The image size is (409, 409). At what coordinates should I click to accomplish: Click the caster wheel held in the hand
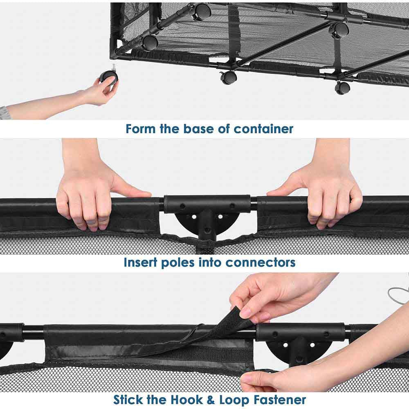109,79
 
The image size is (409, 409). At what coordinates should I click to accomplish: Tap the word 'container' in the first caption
263,129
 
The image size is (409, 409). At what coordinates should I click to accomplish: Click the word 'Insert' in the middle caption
141,262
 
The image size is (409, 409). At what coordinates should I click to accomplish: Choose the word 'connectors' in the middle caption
260,263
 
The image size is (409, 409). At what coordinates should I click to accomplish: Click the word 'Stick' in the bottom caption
128,400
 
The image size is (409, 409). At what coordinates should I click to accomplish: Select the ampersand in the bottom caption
211,400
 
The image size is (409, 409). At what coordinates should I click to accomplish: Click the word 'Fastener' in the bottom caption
280,400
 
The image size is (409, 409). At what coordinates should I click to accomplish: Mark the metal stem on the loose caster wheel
114,67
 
